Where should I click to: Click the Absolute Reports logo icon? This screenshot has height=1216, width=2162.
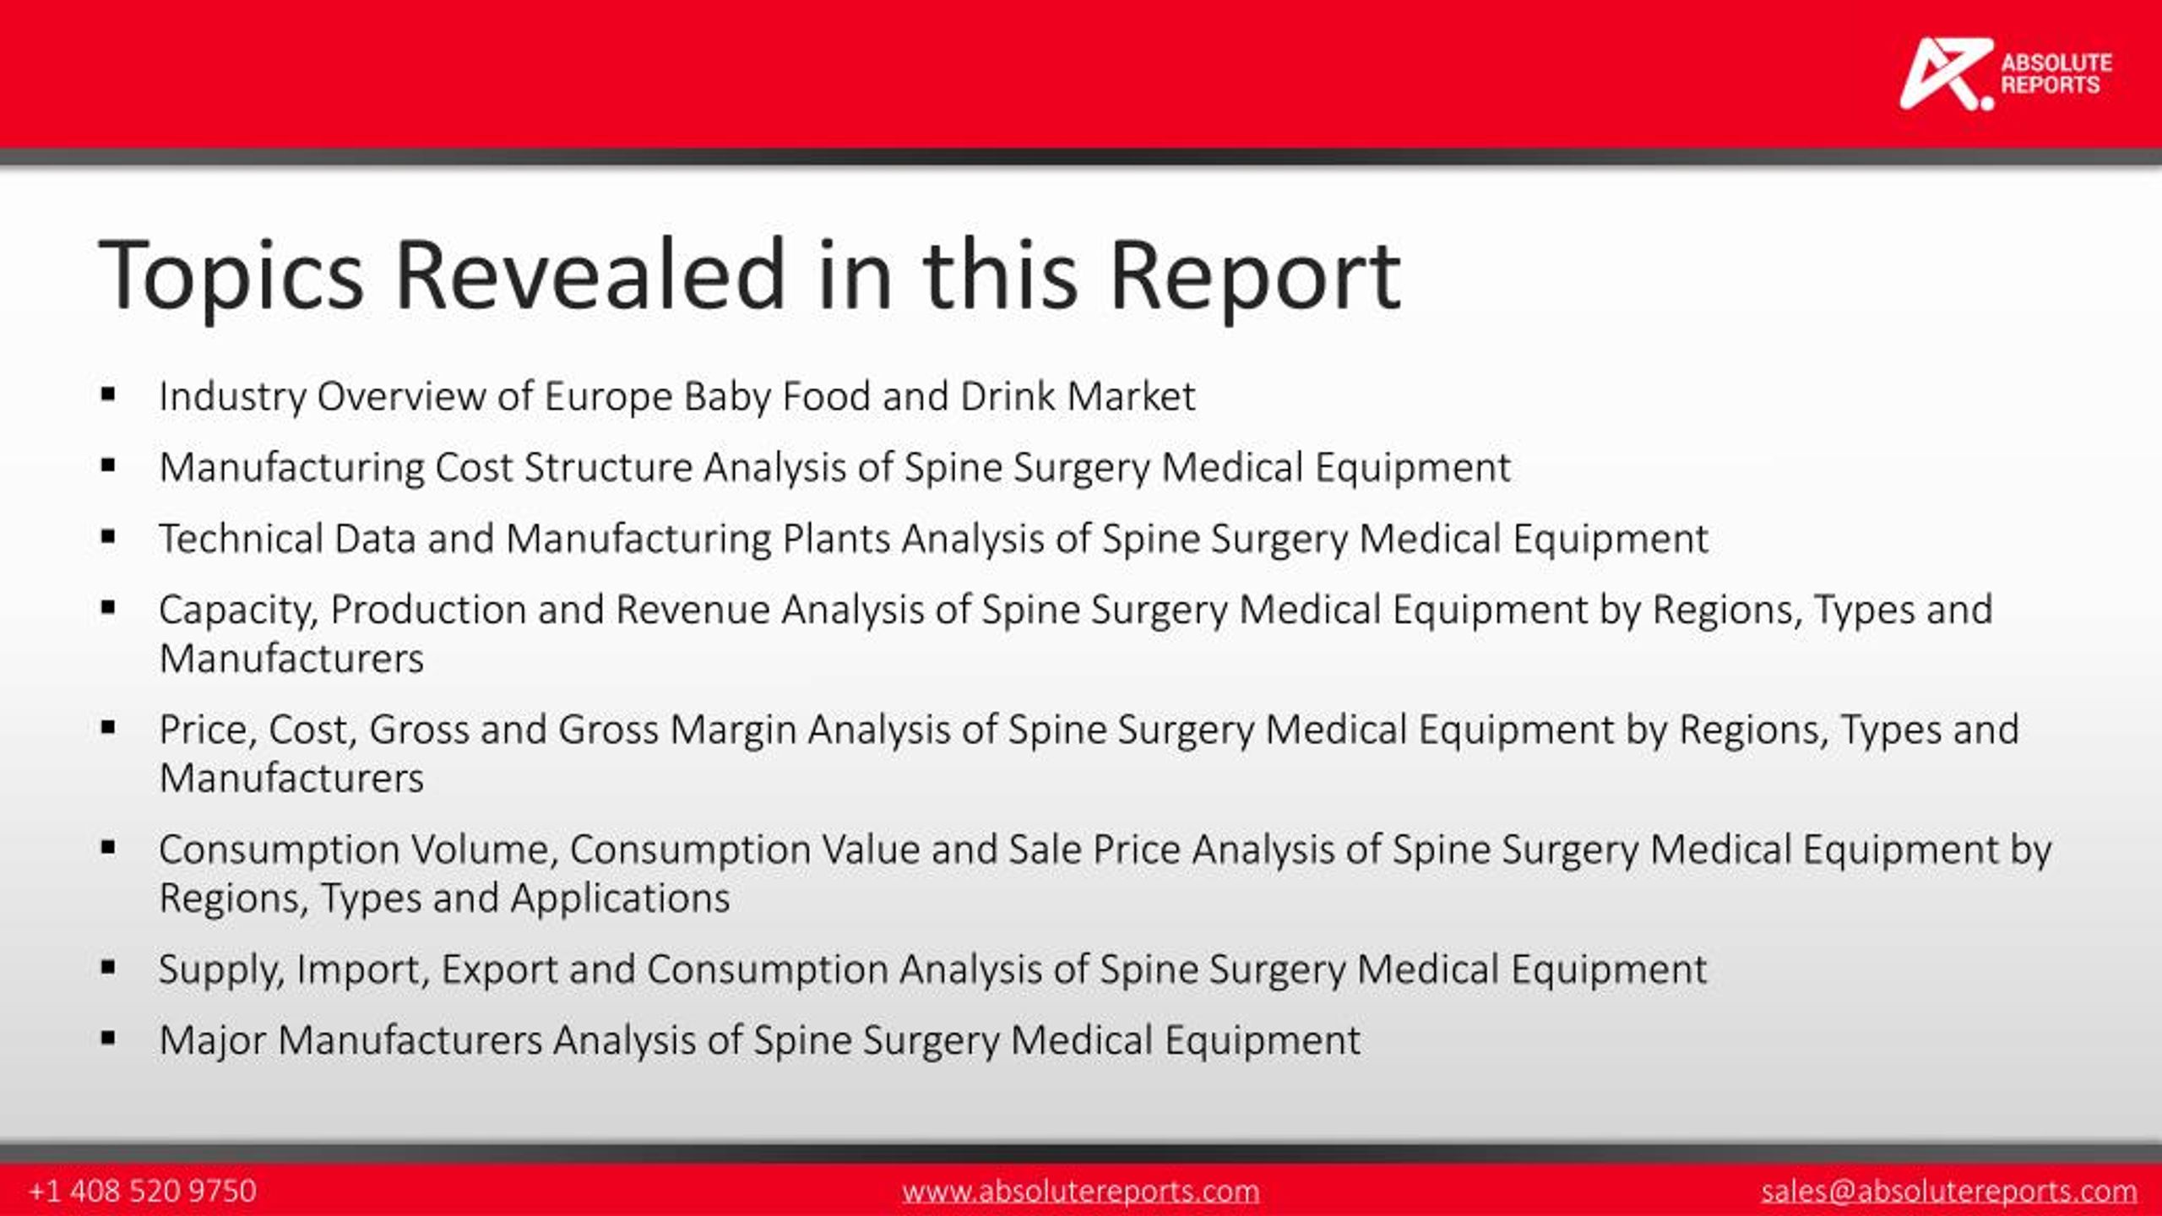[x=1944, y=74]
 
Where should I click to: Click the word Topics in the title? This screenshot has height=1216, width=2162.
[x=231, y=276]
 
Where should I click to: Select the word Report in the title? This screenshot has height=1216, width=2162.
[x=1254, y=276]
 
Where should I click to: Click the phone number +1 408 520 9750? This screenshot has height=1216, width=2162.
[x=142, y=1191]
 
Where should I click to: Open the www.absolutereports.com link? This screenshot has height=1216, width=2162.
[x=1080, y=1191]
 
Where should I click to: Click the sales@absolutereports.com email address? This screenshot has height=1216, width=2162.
[x=1949, y=1191]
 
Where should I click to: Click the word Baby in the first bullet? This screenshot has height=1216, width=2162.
[x=727, y=396]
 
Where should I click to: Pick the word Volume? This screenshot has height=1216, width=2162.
[x=485, y=849]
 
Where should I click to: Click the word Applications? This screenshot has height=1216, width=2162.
[x=620, y=897]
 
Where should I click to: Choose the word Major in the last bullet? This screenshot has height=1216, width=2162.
[x=213, y=1040]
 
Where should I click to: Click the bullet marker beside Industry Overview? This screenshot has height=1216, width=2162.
[x=107, y=394]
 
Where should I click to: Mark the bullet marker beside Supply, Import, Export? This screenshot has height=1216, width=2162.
[x=107, y=967]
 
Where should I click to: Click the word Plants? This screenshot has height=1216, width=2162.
[x=836, y=538]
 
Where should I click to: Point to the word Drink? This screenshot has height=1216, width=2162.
[x=1008, y=396]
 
